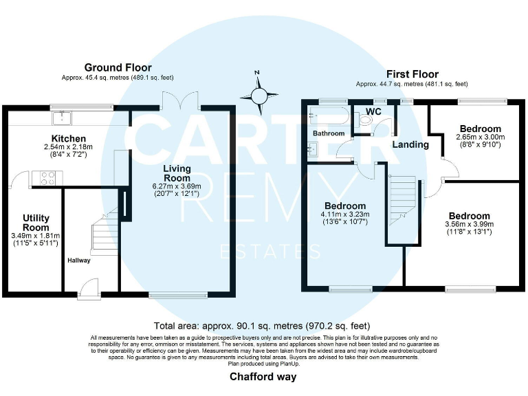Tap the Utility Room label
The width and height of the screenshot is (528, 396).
[x=36, y=223]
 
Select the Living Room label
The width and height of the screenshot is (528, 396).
[x=177, y=173]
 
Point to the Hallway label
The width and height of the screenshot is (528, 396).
[x=79, y=261]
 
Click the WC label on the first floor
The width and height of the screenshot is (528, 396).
[x=374, y=111]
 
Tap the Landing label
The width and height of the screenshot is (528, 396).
[x=410, y=144]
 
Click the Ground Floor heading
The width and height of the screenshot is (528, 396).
[x=118, y=67]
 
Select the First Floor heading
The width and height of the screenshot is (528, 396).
[x=412, y=74]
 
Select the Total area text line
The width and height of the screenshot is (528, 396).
[x=263, y=326]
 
